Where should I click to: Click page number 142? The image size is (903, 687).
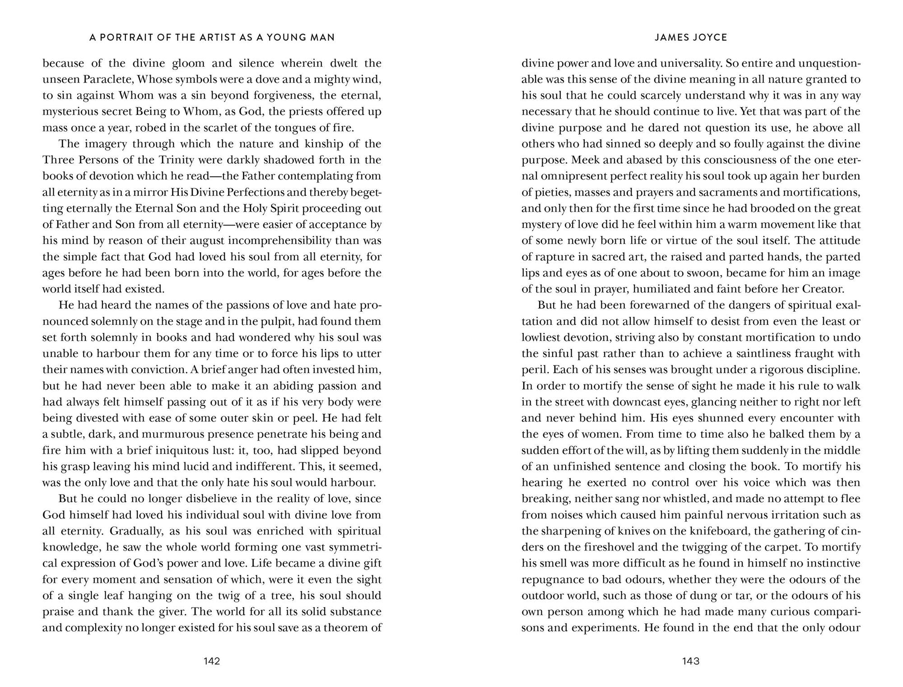(211, 661)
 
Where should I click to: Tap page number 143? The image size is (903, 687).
(691, 661)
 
